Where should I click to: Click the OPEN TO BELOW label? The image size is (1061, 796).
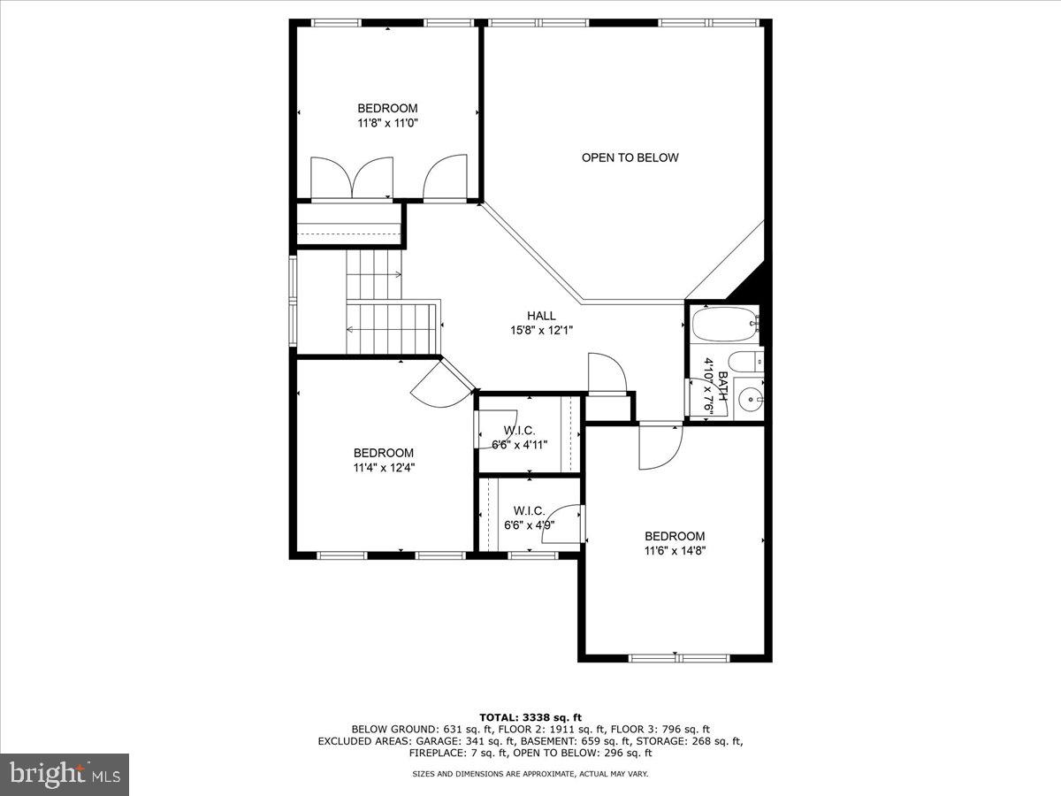click(630, 157)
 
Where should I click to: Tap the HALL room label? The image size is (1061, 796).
click(541, 316)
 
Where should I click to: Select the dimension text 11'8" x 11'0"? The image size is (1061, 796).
click(387, 124)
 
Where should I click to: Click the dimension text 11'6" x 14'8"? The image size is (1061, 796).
click(675, 551)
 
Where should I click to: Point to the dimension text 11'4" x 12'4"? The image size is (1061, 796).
click(384, 468)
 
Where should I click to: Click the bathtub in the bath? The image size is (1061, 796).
click(724, 325)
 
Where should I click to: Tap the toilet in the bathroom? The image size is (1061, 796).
click(745, 361)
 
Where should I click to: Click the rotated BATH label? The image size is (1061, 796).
click(722, 387)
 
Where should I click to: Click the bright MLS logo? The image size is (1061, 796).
click(65, 775)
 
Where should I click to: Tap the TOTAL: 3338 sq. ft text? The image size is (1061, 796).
click(530, 717)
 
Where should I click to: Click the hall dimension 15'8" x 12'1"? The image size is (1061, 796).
click(541, 331)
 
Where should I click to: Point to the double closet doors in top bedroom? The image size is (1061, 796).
click(352, 179)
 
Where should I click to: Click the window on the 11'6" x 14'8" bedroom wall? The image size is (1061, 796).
click(678, 658)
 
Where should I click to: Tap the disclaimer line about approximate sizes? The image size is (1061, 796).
click(530, 774)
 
